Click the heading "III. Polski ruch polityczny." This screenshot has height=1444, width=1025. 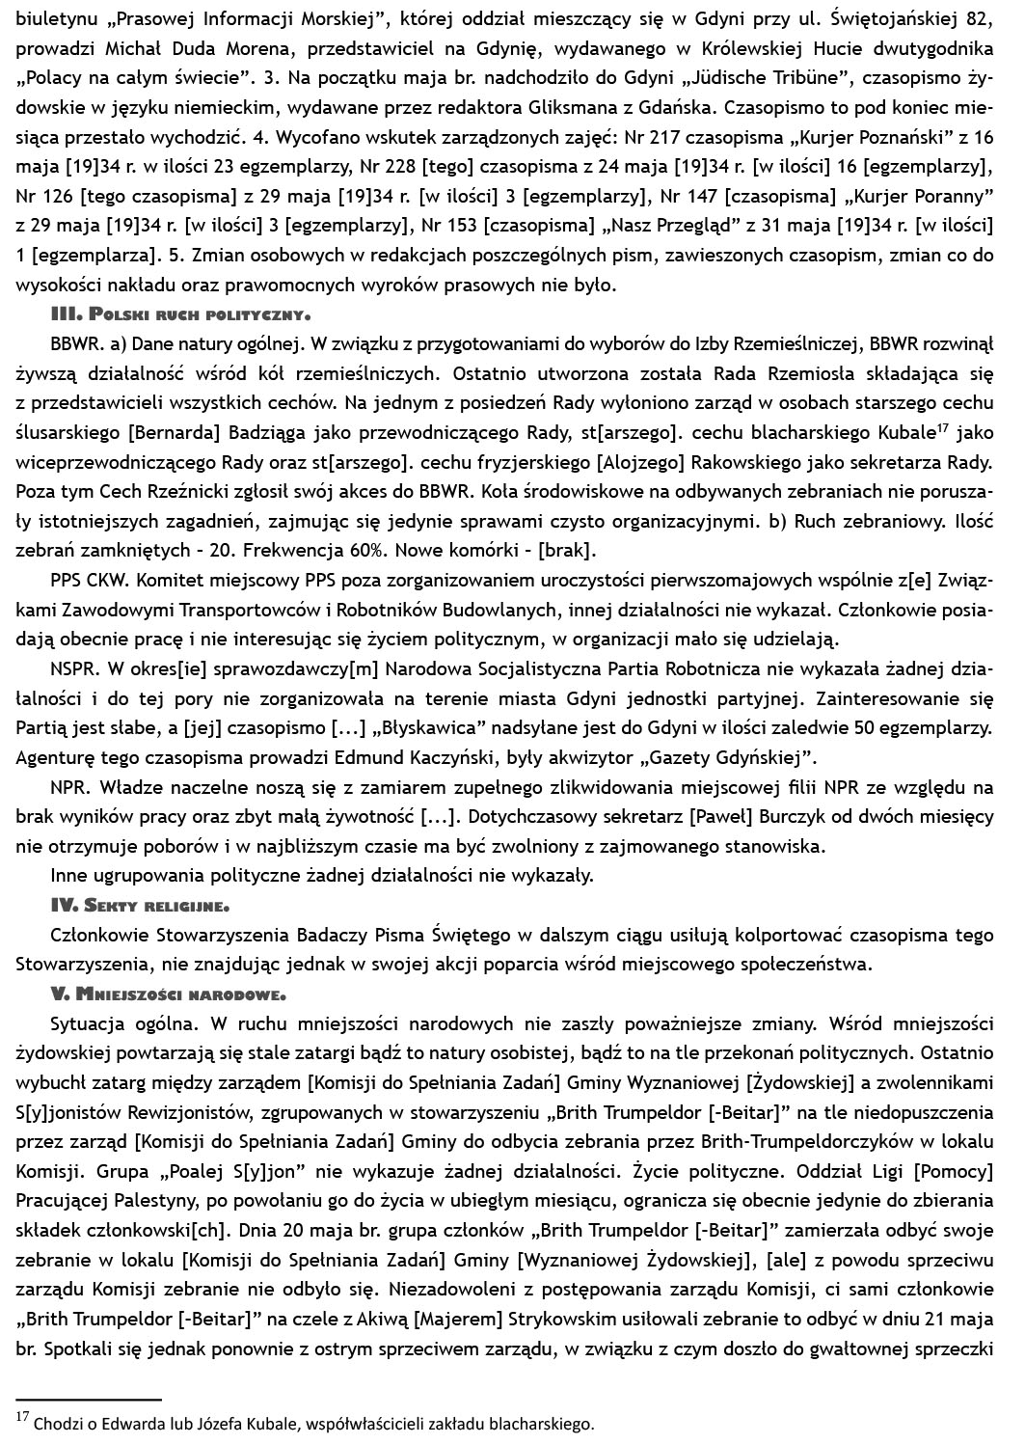pyautogui.click(x=180, y=314)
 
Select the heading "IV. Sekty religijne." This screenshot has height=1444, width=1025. pyautogui.click(x=139, y=906)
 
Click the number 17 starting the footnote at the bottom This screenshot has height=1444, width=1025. pyautogui.click(x=23, y=1417)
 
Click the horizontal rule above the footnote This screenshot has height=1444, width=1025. pyautogui.click(x=89, y=1398)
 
